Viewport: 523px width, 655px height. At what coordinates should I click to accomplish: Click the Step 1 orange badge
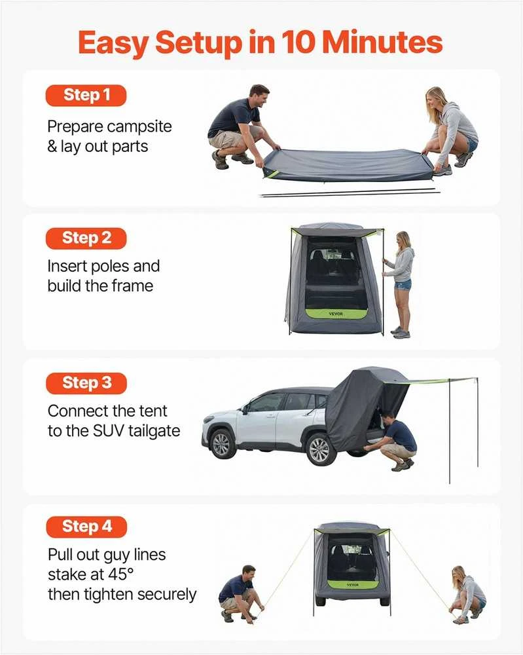click(86, 95)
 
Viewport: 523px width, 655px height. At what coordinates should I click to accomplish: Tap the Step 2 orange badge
click(86, 238)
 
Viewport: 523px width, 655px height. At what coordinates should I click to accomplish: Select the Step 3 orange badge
click(86, 383)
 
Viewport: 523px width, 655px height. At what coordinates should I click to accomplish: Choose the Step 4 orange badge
click(86, 527)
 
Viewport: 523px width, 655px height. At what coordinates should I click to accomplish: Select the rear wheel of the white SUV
click(320, 449)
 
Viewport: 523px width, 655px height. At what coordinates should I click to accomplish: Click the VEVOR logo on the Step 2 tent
click(335, 313)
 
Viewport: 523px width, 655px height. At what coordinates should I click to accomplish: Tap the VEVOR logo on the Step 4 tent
click(353, 585)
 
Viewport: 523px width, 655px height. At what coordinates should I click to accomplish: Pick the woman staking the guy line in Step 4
click(467, 595)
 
